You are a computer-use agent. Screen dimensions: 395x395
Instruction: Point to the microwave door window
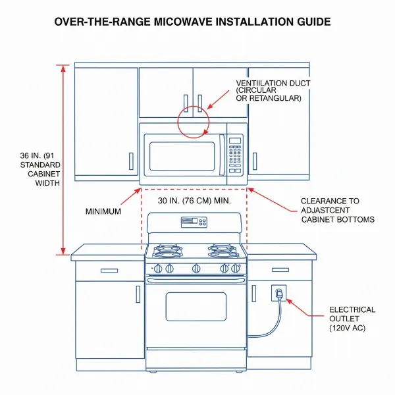coord(182,156)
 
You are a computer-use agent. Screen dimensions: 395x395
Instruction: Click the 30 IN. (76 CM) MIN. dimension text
coord(194,200)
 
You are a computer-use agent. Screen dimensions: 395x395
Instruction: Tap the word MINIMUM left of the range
coord(105,211)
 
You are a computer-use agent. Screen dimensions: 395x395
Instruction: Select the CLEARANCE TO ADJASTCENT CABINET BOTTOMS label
coord(338,210)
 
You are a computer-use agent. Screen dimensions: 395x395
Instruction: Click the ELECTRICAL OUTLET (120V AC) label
coord(352,319)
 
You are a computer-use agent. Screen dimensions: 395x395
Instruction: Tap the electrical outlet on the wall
coord(278,292)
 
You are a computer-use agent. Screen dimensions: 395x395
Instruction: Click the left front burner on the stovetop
coord(169,251)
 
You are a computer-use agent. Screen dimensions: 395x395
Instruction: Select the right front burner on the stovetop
coord(223,251)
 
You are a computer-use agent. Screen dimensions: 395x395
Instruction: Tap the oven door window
coord(196,306)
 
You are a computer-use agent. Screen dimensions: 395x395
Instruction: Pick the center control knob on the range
coord(196,268)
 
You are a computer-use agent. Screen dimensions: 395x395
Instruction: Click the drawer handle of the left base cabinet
coord(109,270)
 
